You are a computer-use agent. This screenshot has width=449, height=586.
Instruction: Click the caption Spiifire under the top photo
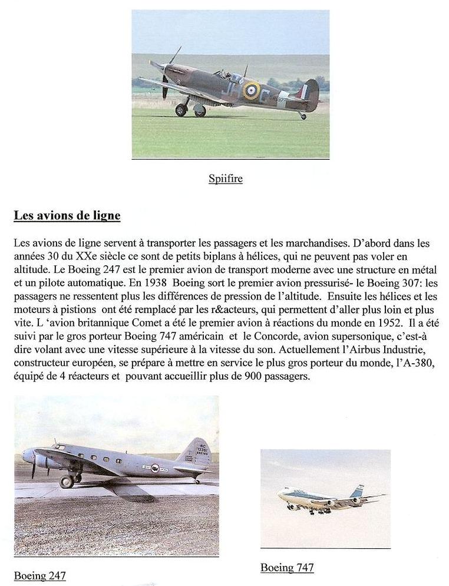(x=226, y=179)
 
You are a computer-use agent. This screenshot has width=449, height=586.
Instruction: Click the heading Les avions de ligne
(x=67, y=216)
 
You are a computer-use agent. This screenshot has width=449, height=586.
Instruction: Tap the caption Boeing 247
(x=39, y=575)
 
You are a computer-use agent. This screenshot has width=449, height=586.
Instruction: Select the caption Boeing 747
(x=287, y=568)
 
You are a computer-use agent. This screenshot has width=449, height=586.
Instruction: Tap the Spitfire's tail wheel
(x=303, y=116)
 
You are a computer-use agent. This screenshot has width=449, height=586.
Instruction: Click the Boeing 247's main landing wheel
(x=67, y=482)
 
